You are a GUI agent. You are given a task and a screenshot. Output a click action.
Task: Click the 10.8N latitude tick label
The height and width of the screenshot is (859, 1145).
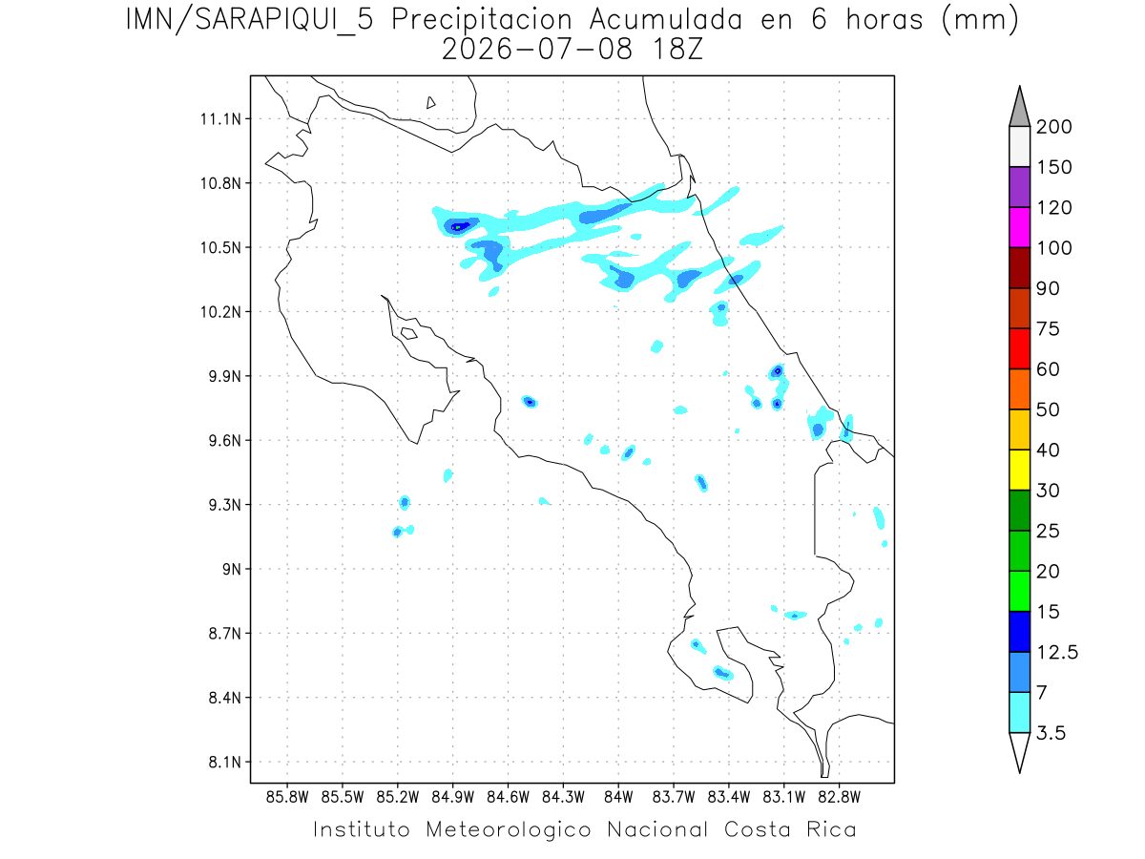point(220,183)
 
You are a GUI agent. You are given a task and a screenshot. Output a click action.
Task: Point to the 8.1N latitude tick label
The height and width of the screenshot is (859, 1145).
point(225,762)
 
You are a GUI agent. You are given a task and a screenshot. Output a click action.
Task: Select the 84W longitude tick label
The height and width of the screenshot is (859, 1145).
point(618,798)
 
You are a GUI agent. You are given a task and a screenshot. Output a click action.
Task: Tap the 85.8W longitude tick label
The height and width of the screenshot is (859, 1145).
point(287,798)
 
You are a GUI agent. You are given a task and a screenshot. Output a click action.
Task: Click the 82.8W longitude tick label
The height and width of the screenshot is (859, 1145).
point(840,798)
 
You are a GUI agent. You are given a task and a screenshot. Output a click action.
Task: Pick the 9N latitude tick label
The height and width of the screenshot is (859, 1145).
point(232,569)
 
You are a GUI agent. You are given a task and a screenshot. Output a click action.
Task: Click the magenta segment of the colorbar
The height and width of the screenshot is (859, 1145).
point(1019,227)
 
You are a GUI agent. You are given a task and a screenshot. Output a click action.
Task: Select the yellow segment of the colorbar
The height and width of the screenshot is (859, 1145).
point(1019,470)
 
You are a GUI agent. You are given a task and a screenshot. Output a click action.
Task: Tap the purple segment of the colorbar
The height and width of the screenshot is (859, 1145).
point(1019,187)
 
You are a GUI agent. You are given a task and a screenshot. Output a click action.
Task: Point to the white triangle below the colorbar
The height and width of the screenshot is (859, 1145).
point(1019,750)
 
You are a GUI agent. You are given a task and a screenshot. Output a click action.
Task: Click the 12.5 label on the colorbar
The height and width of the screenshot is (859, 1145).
point(1057,653)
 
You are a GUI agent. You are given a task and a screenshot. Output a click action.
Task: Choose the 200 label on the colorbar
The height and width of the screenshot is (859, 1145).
point(1053,127)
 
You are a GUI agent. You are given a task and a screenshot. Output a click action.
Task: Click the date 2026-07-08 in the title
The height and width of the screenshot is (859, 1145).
point(537,50)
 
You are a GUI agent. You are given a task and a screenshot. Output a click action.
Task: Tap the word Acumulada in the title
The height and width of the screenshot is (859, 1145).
point(666,20)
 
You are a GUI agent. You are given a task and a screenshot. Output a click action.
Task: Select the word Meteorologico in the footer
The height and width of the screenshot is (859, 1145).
point(508,829)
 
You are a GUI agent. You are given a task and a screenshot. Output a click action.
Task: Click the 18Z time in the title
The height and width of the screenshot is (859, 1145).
point(677,50)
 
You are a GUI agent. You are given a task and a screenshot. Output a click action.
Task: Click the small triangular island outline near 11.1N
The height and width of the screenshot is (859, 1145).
point(430,102)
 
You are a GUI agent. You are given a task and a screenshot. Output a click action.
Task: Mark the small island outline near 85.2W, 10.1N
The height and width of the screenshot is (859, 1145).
point(409,333)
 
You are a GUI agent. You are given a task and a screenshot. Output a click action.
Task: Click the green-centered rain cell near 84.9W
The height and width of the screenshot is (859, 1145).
point(457,227)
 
